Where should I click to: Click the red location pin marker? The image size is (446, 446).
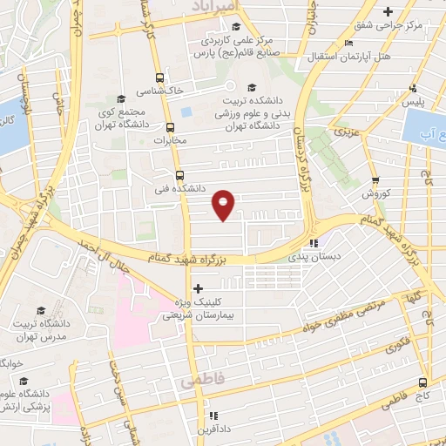click(224, 204)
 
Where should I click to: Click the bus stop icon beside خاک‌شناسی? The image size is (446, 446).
click(158, 77)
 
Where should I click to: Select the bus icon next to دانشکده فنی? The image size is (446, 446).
click(179, 174)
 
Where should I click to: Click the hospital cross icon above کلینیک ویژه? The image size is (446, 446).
click(198, 288)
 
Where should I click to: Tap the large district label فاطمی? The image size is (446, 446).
click(202, 381)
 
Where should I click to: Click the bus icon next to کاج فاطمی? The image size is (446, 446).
click(422, 382)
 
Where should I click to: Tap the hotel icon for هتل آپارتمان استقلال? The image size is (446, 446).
click(349, 43)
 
